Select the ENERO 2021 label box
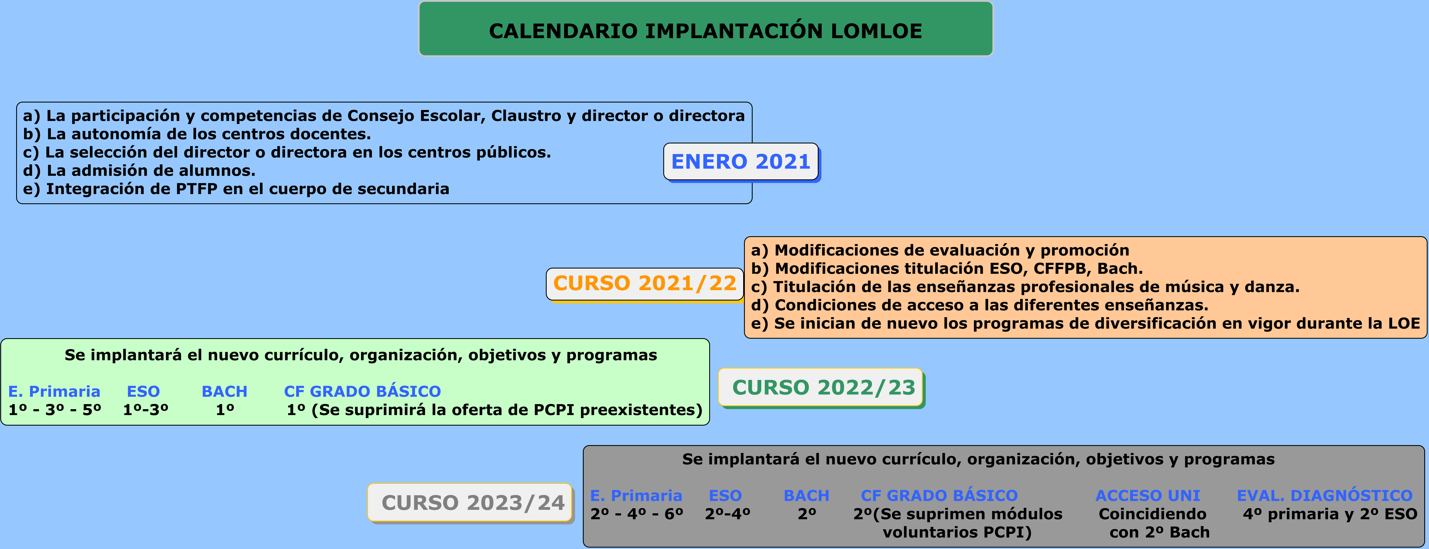point(741,162)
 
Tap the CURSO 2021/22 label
point(645,284)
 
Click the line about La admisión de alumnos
point(139,170)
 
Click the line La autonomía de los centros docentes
point(197,134)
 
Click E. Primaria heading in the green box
point(54,391)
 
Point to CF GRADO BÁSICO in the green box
point(362,391)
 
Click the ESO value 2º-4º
point(727,514)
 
